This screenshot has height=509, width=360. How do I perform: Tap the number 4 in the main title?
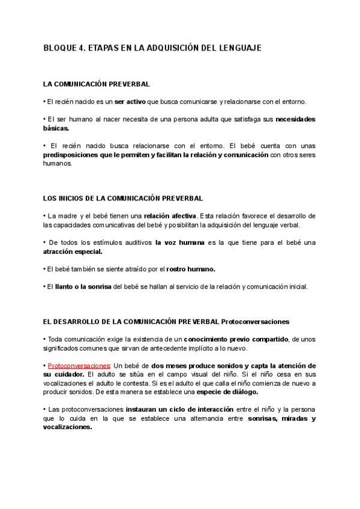82,48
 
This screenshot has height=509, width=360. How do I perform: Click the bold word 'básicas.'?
56,128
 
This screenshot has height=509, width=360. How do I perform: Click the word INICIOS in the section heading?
77,198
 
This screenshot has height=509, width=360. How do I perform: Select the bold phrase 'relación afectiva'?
170,216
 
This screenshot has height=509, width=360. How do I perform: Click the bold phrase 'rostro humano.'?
190,269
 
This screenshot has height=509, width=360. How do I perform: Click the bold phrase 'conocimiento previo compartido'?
236,339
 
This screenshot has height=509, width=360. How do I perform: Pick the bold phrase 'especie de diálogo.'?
221,392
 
